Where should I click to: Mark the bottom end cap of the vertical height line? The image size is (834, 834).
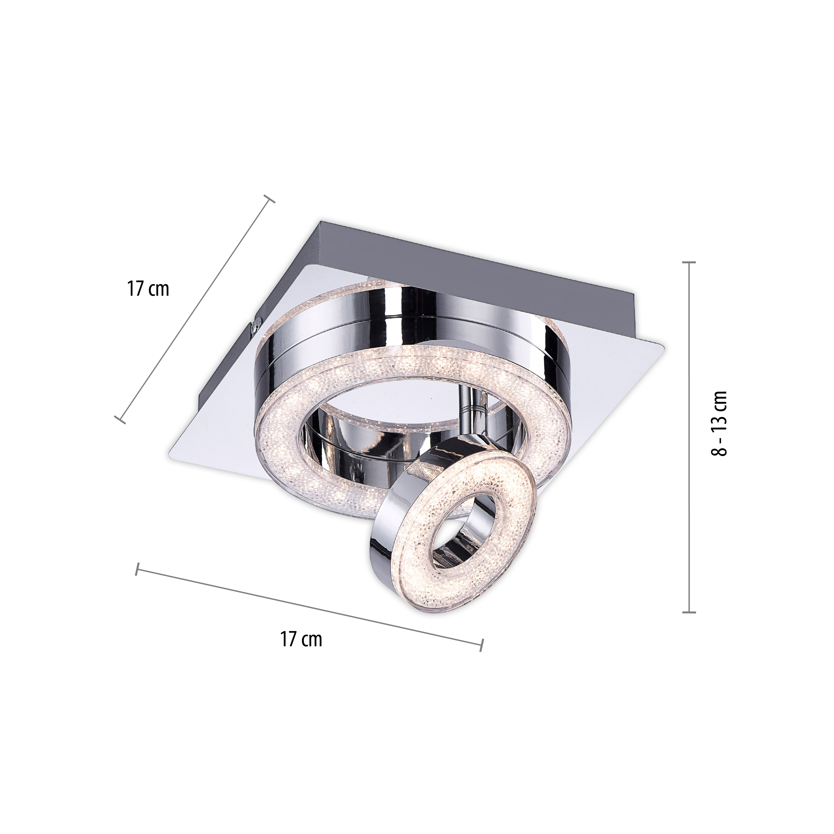689,612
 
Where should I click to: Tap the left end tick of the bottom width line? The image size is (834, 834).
137,569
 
